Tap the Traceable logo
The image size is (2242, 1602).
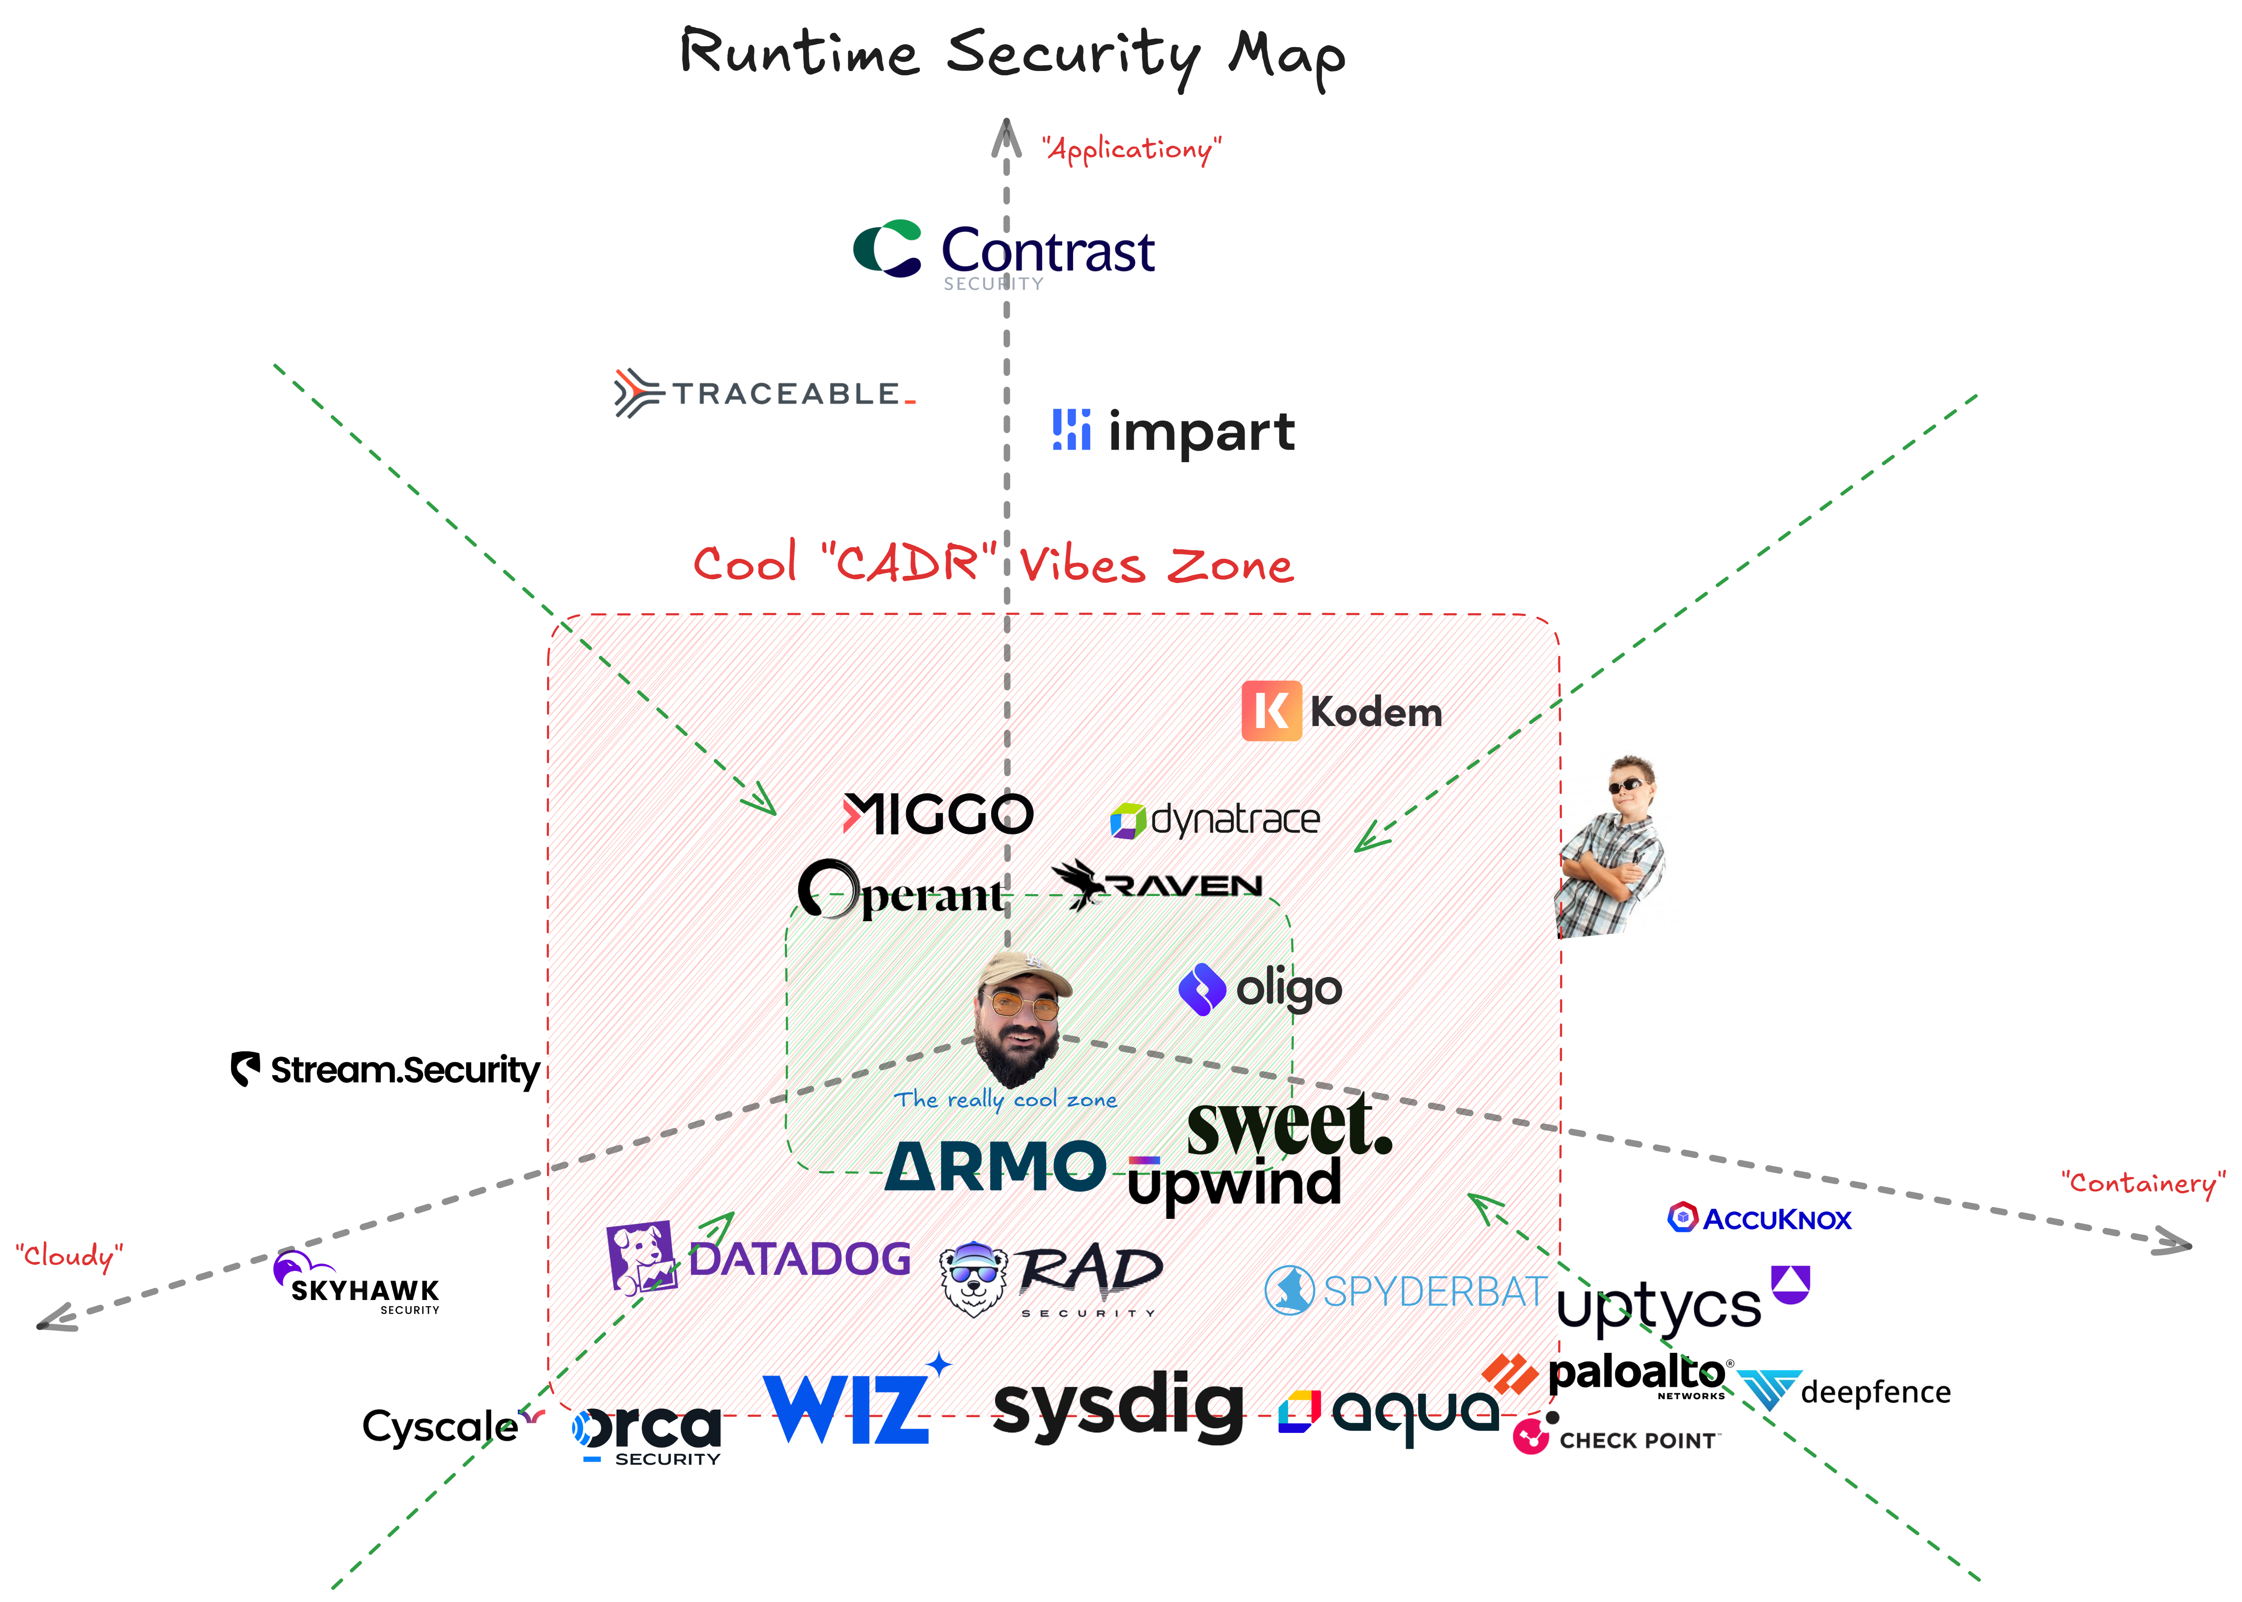tap(765, 393)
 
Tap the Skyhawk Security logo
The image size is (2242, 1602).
tap(357, 1284)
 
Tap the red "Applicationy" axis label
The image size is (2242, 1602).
tap(1132, 149)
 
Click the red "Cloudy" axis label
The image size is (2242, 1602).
tap(69, 1256)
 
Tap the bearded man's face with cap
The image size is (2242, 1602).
tap(1021, 1016)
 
